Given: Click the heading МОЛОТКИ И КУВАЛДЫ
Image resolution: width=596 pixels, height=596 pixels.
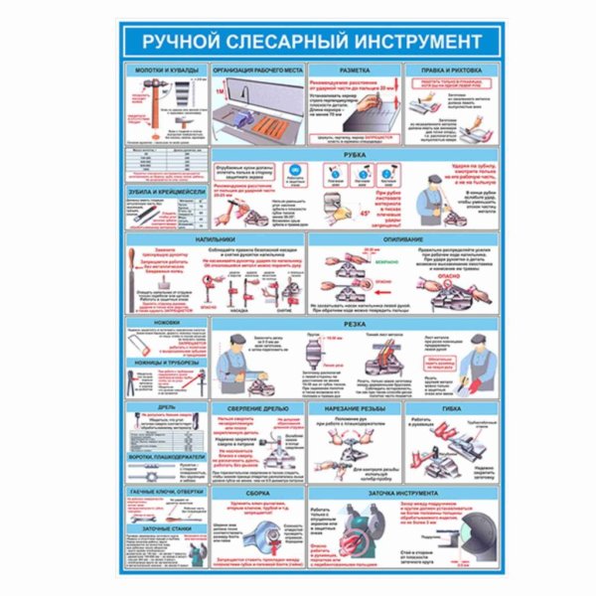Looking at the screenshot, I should coord(166,72).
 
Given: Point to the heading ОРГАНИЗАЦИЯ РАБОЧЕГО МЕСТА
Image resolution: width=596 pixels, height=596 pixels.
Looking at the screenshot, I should coord(253,72).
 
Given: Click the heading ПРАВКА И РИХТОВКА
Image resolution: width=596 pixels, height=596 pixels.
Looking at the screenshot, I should coord(452,72).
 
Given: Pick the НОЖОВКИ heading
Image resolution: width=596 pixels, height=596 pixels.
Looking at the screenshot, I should coord(160,323).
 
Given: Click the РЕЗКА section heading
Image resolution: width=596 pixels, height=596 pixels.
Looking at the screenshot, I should coord(355,323).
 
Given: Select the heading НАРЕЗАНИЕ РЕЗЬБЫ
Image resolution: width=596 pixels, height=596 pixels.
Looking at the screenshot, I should coord(355,408).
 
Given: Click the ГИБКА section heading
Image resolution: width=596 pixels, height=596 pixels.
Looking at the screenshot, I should coord(452,408).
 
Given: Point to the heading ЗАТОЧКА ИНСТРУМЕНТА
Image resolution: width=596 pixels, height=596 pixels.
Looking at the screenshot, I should coord(401,493).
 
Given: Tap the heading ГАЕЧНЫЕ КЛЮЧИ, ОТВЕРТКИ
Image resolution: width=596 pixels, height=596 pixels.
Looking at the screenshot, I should coord(166,493).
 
